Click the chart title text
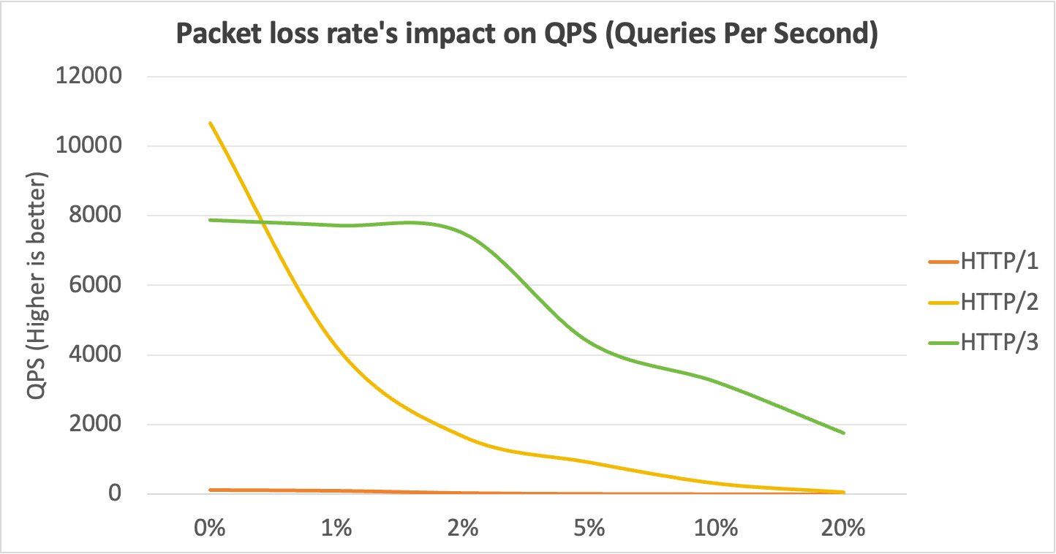(527, 34)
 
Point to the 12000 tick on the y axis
(88, 77)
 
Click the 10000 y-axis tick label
(88, 146)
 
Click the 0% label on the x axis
(210, 528)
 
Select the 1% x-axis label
(336, 528)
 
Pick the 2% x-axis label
(463, 528)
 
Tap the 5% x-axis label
(590, 528)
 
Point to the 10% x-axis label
(717, 528)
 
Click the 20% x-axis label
(843, 528)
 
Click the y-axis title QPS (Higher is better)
(37, 287)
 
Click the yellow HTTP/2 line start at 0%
(211, 124)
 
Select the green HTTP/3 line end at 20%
(843, 433)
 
